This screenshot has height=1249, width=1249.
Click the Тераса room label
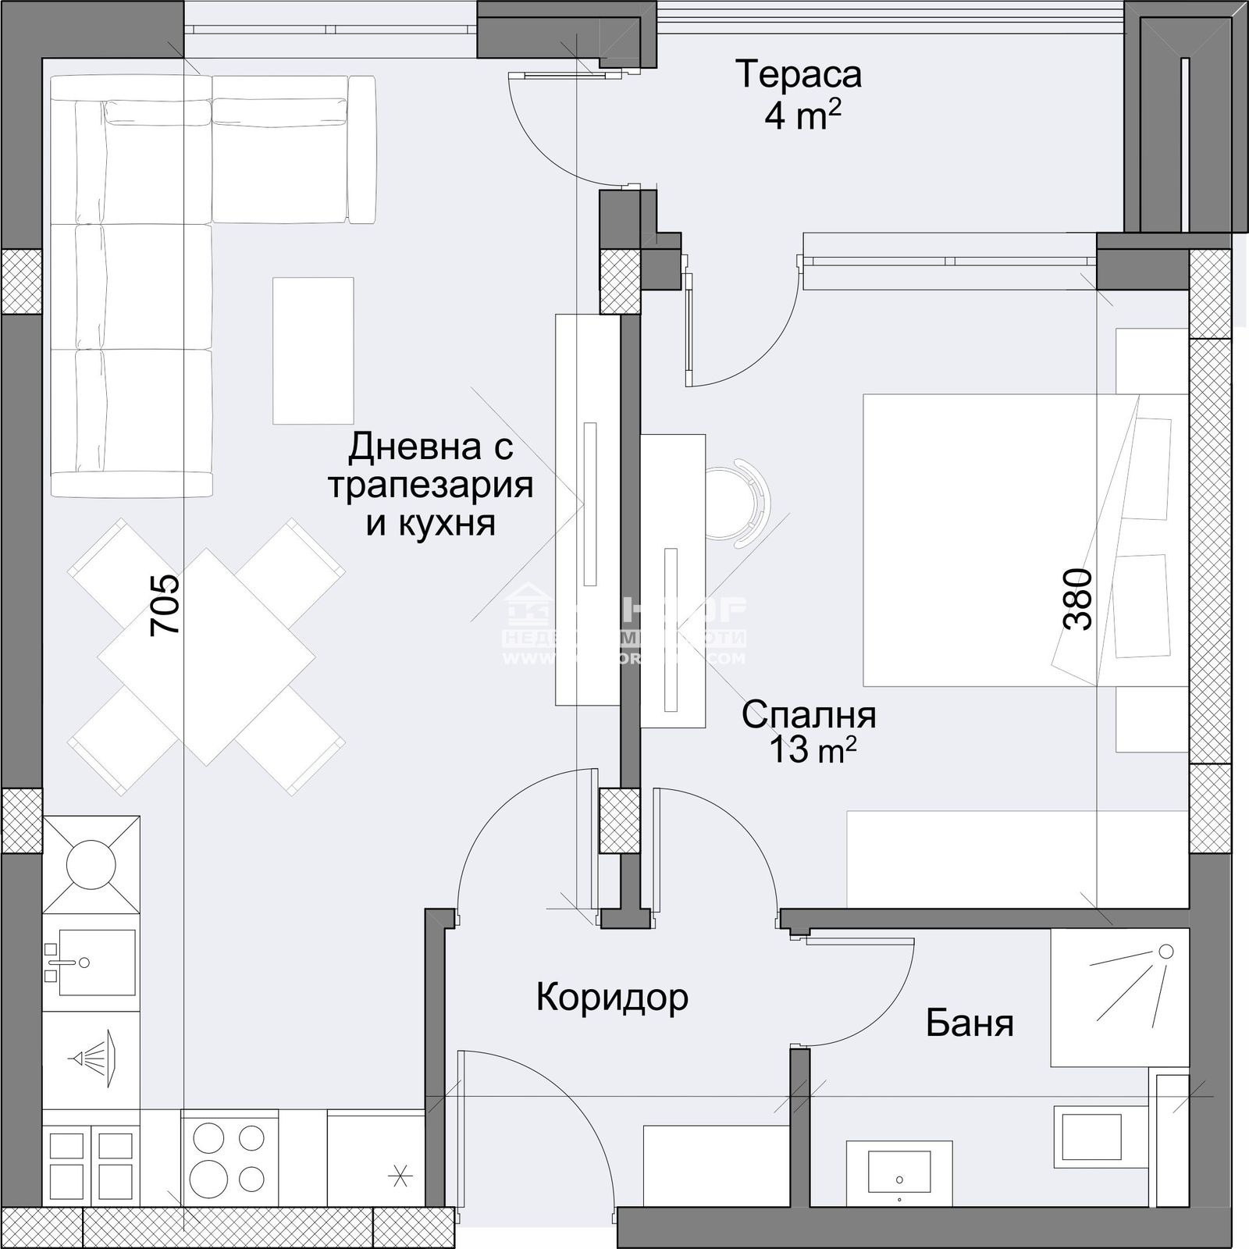pyautogui.click(x=799, y=75)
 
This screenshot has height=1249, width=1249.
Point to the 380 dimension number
pyautogui.click(x=1077, y=599)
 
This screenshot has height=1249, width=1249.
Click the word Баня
pyautogui.click(x=970, y=1023)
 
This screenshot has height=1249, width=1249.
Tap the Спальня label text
pyautogui.click(x=809, y=715)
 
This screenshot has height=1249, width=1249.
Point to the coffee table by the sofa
pyautogui.click(x=312, y=351)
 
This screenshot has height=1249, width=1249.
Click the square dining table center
pyautogui.click(x=207, y=656)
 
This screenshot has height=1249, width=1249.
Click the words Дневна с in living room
pyautogui.click(x=430, y=448)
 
